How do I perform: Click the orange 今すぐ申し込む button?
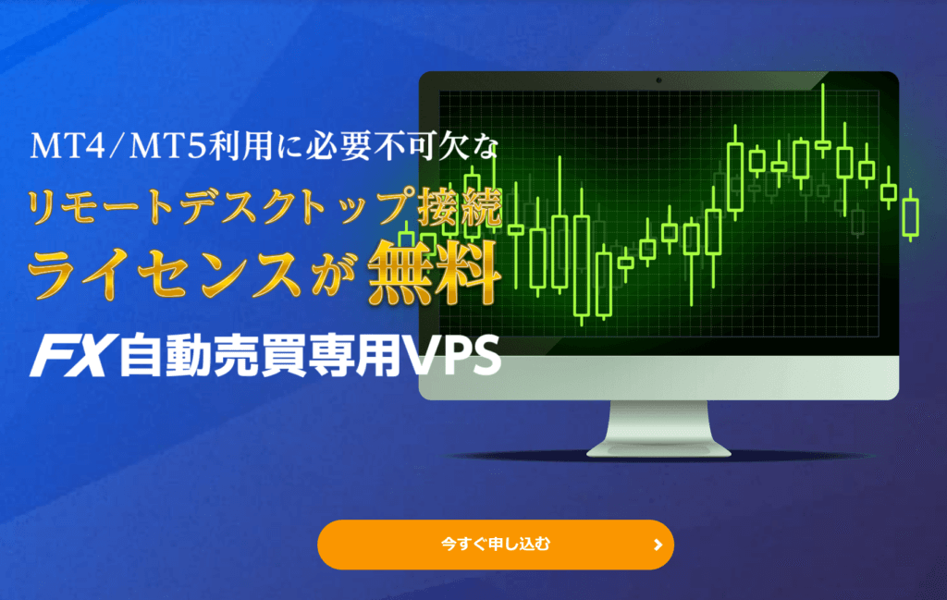(x=496, y=545)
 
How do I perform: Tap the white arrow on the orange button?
(x=658, y=545)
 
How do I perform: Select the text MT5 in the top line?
(x=167, y=147)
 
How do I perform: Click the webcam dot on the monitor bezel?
(x=658, y=80)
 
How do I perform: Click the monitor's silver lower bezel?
(x=658, y=377)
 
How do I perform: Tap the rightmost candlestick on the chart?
(x=911, y=215)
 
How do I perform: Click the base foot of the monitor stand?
(x=658, y=449)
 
